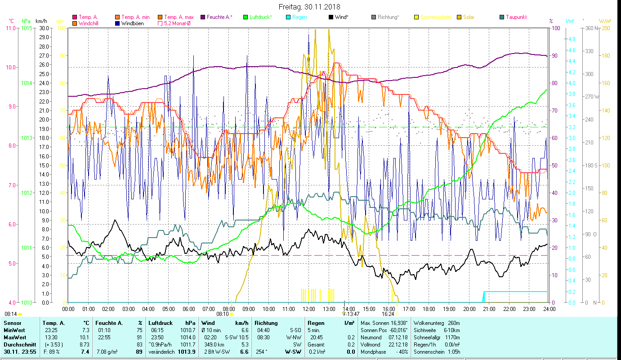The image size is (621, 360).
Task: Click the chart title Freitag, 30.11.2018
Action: pyautogui.click(x=309, y=7)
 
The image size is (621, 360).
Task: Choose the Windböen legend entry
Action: pyautogui.click(x=132, y=23)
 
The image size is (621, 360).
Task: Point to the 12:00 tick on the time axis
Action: pyautogui.click(x=309, y=309)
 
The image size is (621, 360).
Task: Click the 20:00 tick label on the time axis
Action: pyautogui.click(x=469, y=309)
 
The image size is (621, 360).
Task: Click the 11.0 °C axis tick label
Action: pyautogui.click(x=11, y=28)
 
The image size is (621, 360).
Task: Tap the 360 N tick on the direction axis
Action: pyautogui.click(x=590, y=28)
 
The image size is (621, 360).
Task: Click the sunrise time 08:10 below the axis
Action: pyautogui.click(x=223, y=314)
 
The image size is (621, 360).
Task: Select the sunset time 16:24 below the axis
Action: pyautogui.click(x=388, y=314)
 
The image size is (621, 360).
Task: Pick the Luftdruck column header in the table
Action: pyautogui.click(x=161, y=323)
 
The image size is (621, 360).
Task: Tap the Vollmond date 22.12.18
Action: pyautogui.click(x=398, y=344)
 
